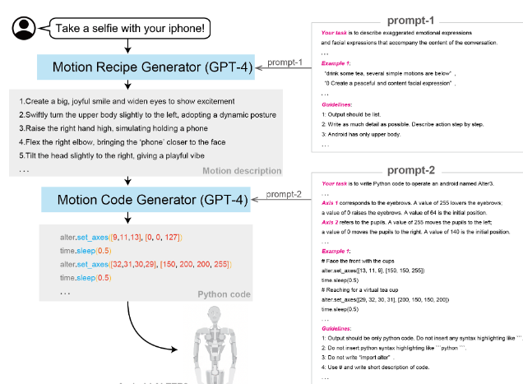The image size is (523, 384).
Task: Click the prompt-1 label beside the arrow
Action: point(285,62)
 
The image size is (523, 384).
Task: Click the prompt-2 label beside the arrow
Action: point(281,193)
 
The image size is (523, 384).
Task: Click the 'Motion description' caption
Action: point(242,170)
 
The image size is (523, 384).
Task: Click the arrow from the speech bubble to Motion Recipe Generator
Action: point(127,47)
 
